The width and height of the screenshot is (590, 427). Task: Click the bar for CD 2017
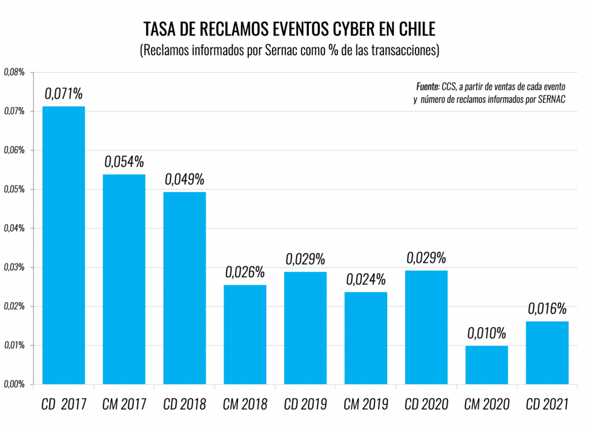[x=63, y=245]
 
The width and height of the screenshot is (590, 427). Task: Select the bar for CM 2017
[x=124, y=279]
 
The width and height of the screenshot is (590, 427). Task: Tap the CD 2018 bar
[x=184, y=288]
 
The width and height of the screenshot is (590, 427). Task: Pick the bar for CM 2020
[x=487, y=365]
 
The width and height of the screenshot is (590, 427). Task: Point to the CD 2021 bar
[x=547, y=352]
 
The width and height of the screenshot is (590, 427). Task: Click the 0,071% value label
[x=64, y=93]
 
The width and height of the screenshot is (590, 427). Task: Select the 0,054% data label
[x=124, y=161]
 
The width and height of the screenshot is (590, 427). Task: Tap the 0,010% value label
[x=487, y=333]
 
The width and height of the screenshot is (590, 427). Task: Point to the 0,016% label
[x=547, y=308]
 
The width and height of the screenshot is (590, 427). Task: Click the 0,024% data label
[x=366, y=279]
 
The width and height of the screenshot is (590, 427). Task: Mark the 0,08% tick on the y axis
[x=14, y=72]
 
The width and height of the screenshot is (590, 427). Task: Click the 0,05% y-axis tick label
[x=14, y=189]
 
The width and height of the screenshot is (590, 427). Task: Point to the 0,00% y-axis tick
[x=14, y=384]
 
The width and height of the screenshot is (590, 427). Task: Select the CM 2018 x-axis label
[x=245, y=404]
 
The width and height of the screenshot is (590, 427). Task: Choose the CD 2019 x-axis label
[x=305, y=404]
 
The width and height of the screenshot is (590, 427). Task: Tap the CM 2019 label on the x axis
[x=366, y=404]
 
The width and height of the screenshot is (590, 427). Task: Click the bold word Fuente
[x=428, y=86]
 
